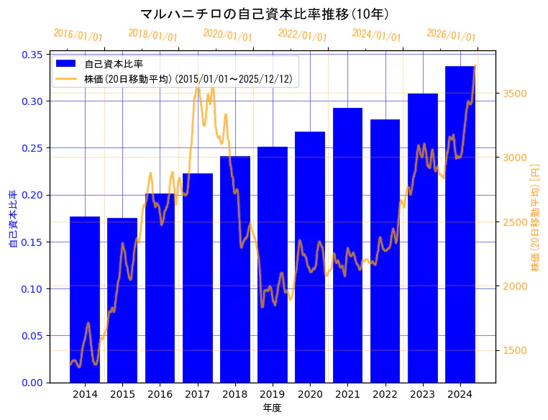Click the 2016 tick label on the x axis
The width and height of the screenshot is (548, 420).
(x=160, y=394)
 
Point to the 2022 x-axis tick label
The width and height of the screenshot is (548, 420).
(x=385, y=394)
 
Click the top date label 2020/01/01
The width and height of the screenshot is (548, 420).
(x=227, y=34)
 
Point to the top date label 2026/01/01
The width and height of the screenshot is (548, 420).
(x=451, y=35)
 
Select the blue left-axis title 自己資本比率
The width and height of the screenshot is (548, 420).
(x=13, y=219)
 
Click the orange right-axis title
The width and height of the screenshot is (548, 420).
(x=535, y=218)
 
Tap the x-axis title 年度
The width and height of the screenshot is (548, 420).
(x=273, y=408)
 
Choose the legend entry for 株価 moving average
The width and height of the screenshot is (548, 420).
(x=187, y=78)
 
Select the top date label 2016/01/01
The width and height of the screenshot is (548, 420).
(x=78, y=35)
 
